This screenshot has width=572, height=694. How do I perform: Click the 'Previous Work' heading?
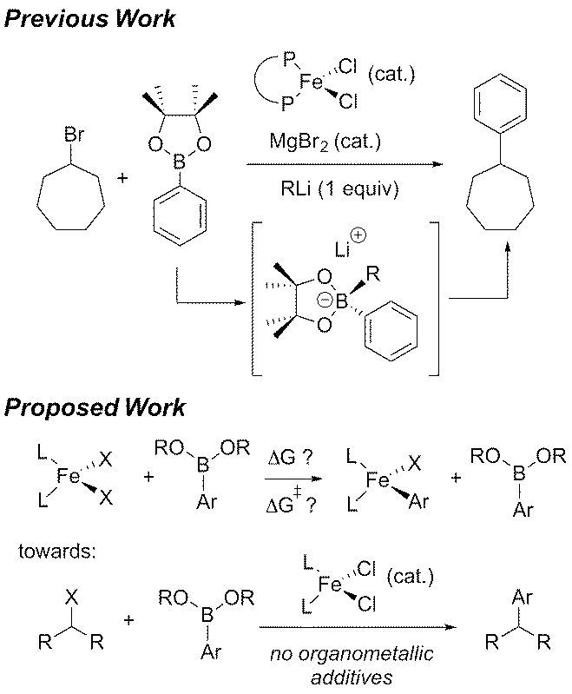click(89, 18)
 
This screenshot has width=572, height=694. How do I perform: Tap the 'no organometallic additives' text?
click(360, 665)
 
